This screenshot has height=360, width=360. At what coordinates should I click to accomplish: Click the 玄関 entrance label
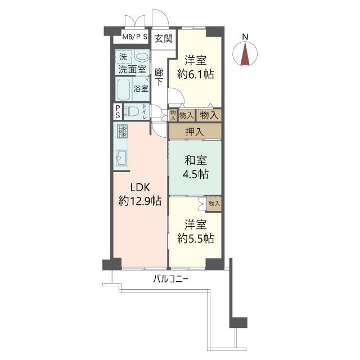[163, 38]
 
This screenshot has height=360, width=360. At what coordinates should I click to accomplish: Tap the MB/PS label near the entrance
[135, 37]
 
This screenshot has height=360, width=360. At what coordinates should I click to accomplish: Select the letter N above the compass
[245, 37]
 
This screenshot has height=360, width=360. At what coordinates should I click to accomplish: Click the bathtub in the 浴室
[124, 89]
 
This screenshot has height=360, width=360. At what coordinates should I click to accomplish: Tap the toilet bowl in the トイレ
[131, 111]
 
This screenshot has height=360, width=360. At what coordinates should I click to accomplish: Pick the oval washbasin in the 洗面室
[141, 56]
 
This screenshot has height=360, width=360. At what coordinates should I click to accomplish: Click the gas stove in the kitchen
[123, 131]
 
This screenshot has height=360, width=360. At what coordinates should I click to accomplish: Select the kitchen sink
[121, 157]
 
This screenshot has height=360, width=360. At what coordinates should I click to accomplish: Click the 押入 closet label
[194, 132]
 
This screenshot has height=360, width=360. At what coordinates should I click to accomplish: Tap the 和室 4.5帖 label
[195, 167]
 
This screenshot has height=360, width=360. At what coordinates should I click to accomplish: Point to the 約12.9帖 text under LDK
[140, 201]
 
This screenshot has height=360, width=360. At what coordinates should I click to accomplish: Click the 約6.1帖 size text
[195, 74]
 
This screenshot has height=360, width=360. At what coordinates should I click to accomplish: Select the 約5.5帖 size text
[195, 238]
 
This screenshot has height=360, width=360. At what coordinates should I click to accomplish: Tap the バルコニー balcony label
[170, 280]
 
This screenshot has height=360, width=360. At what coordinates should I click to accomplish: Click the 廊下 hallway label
[159, 78]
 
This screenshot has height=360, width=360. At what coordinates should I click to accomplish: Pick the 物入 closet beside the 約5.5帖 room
[214, 204]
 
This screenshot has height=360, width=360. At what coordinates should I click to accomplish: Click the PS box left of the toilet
[118, 111]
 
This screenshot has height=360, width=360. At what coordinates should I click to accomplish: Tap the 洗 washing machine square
[123, 56]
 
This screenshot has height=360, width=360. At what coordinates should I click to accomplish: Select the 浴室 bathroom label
[141, 89]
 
